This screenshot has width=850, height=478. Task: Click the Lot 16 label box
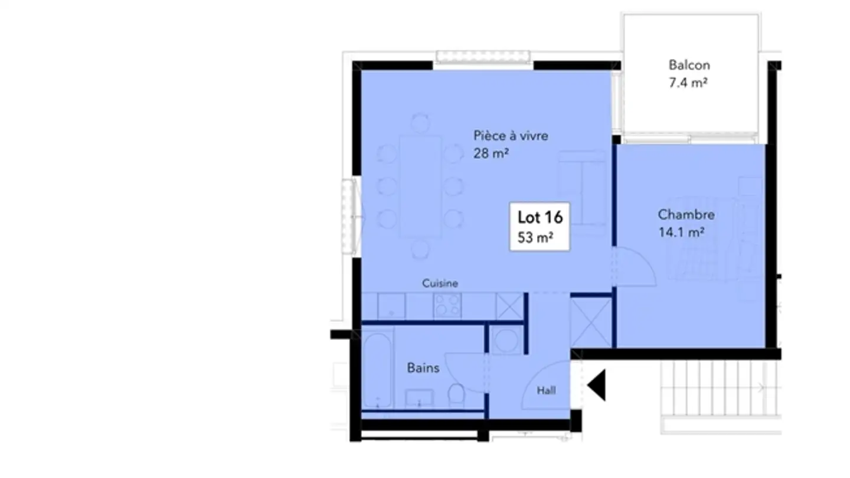[x=540, y=227]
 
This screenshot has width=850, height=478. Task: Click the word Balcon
[x=689, y=65]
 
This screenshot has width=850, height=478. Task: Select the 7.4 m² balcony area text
[x=688, y=83]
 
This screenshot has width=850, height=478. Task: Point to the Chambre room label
[x=686, y=215]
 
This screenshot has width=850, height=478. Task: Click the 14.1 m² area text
[x=681, y=233]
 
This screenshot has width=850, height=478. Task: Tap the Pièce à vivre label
[x=511, y=136]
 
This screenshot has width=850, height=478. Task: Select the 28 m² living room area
[x=491, y=154]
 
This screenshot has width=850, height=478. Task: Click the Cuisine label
[x=440, y=283]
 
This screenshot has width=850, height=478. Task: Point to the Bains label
[x=423, y=368]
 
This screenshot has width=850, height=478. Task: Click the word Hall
[x=546, y=390]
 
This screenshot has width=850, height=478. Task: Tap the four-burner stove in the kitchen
[x=448, y=306]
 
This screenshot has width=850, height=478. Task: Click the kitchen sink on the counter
[x=391, y=306]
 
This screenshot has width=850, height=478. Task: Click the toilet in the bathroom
[x=457, y=395]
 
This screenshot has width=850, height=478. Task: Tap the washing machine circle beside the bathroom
[x=506, y=340]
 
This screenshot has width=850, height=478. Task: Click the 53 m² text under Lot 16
[x=535, y=238]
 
